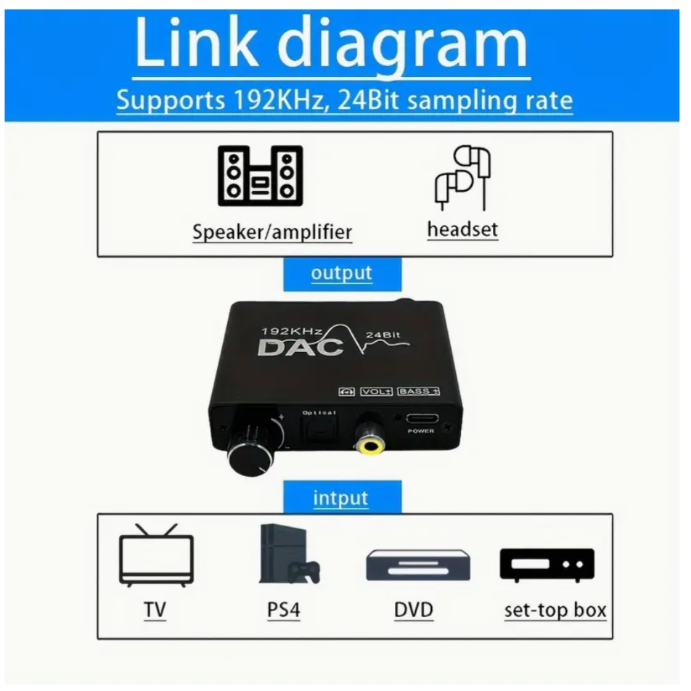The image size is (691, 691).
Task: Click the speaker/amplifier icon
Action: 260,176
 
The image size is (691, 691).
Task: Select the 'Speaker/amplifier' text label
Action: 272,232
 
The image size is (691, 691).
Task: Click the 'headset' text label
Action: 462,230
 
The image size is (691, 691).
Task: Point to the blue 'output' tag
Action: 341,274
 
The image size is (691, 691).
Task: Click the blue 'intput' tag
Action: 340,499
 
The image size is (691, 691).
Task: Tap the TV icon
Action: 157,555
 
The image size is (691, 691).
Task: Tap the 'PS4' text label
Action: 282,610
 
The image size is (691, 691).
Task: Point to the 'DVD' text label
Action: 413,610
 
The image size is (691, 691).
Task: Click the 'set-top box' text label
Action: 555,610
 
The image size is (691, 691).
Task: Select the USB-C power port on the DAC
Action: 420,420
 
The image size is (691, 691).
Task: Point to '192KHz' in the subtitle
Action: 273,100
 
